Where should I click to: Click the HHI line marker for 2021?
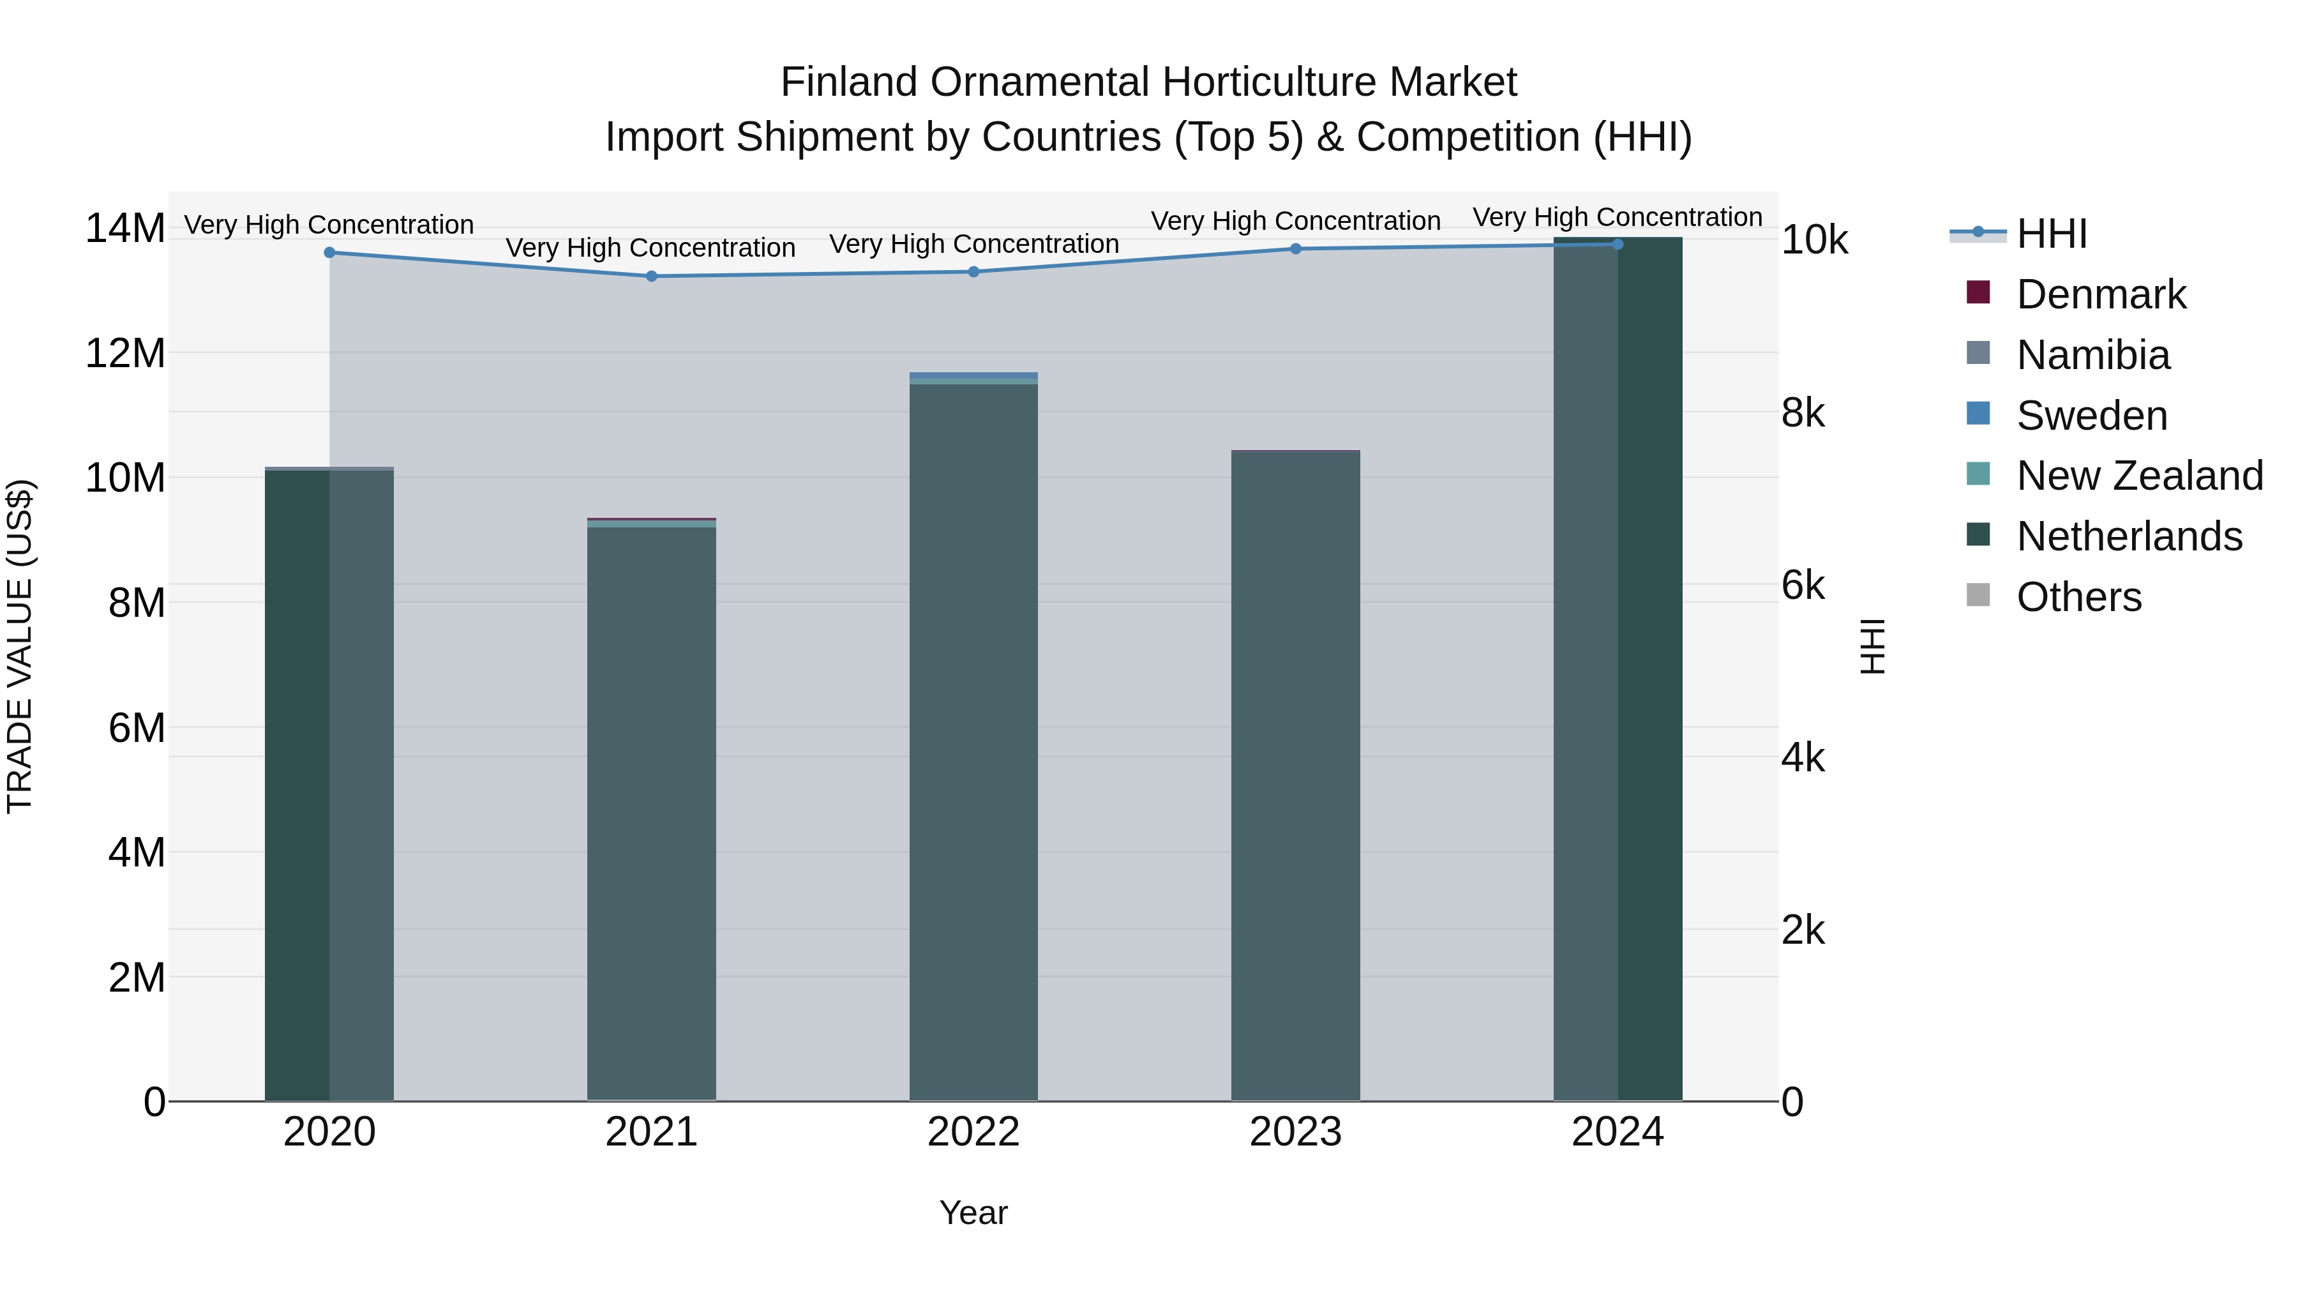click(x=651, y=276)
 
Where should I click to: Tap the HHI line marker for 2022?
click(x=973, y=272)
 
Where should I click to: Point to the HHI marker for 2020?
click(x=329, y=252)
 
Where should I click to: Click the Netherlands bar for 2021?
click(x=651, y=812)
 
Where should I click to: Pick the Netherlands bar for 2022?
click(x=973, y=741)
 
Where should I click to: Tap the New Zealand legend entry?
click(x=2139, y=476)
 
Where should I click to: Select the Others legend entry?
click(x=2078, y=598)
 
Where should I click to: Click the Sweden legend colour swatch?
click(x=1978, y=414)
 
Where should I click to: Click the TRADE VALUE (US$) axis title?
click(x=20, y=646)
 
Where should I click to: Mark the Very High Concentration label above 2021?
click(x=650, y=248)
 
